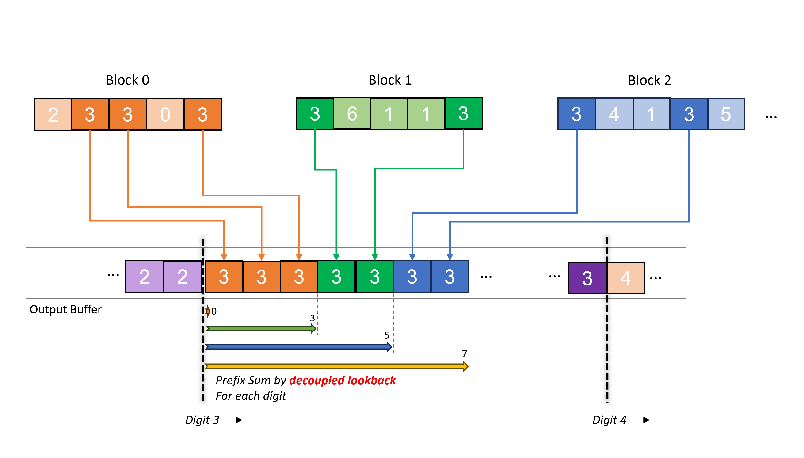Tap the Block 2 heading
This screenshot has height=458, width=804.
click(x=649, y=80)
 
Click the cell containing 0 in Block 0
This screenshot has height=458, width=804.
click(x=165, y=114)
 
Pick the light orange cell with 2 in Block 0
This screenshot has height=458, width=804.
click(x=53, y=114)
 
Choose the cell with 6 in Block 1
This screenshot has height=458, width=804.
click(x=352, y=114)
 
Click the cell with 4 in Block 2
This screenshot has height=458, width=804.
click(x=614, y=114)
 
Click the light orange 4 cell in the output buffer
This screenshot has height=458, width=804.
click(x=625, y=278)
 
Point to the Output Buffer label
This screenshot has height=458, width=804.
click(x=66, y=310)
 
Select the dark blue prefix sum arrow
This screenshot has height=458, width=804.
click(x=299, y=347)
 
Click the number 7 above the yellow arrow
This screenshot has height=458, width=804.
click(x=464, y=354)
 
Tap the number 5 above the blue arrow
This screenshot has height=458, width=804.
click(x=387, y=335)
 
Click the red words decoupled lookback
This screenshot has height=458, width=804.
click(x=342, y=380)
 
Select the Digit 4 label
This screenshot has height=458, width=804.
click(x=609, y=420)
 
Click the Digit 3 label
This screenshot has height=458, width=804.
click(x=202, y=420)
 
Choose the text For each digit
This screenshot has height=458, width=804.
click(x=251, y=396)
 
